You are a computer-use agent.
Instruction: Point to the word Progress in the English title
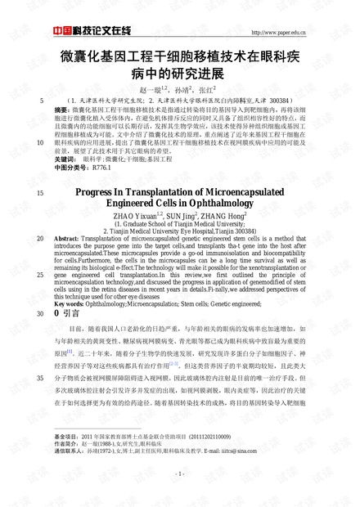[x=98, y=190]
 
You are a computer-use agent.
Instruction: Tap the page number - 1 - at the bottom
[x=179, y=473]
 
